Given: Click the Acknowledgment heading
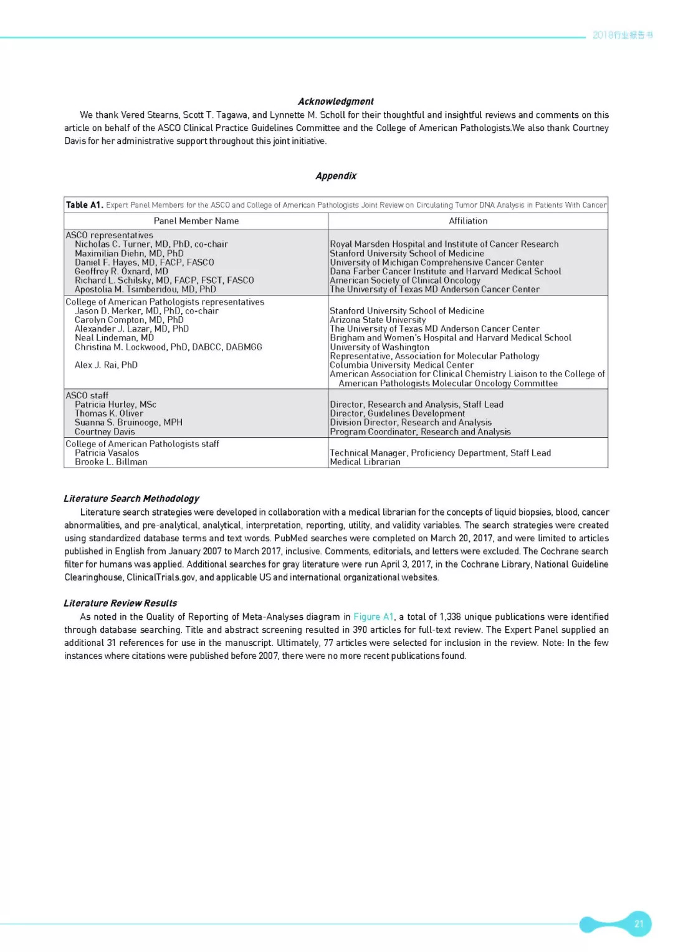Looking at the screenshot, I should (x=335, y=102).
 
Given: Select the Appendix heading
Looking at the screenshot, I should (x=336, y=176).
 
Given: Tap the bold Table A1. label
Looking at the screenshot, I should (x=84, y=205).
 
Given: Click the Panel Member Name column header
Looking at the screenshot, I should (x=196, y=221).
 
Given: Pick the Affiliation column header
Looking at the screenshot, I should (x=468, y=221).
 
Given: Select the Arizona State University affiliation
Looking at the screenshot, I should (x=378, y=320).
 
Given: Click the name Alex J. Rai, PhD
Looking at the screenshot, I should (x=106, y=365).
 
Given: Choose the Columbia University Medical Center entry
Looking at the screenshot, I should (x=401, y=365).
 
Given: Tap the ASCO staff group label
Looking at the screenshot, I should (x=87, y=395).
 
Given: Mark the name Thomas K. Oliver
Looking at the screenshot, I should (x=109, y=413).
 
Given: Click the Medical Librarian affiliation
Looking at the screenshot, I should (x=365, y=462).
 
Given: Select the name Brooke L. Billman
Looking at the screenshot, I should (x=111, y=462).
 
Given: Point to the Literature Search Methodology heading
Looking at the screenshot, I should (x=131, y=499).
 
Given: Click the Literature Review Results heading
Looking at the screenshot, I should (x=120, y=603).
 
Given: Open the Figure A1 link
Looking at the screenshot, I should (x=373, y=617).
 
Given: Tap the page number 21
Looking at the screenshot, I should (x=639, y=924).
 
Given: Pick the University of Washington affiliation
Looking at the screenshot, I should (x=379, y=347).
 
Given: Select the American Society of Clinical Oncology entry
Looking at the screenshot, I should (x=405, y=281).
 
